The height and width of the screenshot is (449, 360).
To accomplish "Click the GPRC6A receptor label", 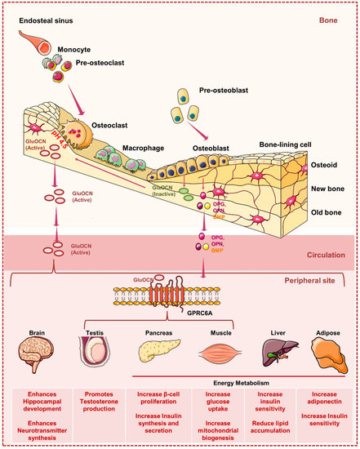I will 193,313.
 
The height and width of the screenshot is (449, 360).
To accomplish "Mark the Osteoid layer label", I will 329,164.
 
